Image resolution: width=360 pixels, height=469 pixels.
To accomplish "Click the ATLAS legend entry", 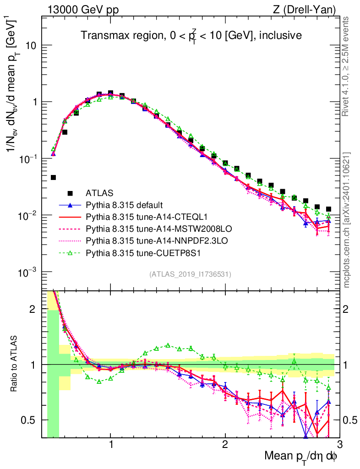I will point(98,193).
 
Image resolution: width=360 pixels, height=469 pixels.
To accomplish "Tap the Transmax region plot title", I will point(191,35).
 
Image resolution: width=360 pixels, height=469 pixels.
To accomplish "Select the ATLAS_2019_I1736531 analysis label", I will point(190,274).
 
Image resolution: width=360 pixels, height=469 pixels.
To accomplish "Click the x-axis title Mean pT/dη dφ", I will point(302,456).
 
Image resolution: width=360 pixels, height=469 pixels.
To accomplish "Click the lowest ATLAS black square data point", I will point(53,177).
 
